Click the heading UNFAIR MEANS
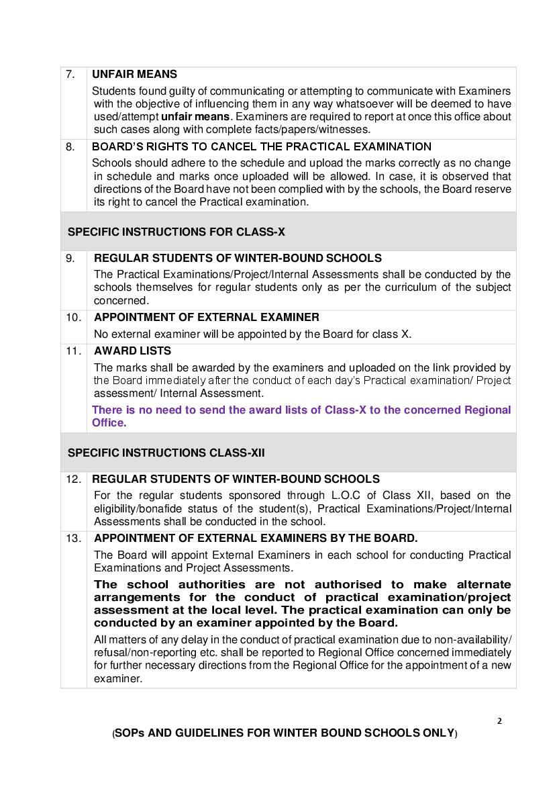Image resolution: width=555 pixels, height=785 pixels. [x=134, y=75]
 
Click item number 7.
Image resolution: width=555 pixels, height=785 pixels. [x=70, y=75]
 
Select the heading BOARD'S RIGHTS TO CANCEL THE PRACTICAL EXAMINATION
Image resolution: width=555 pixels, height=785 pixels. [x=262, y=146]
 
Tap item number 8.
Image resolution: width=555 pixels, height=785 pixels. [x=70, y=146]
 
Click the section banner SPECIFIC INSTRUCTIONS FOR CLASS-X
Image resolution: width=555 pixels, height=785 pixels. [x=176, y=232]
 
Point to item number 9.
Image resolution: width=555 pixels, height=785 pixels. [x=70, y=258]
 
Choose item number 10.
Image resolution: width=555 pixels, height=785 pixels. [x=73, y=317]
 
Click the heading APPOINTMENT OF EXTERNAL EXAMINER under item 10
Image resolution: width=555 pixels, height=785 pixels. [x=207, y=317]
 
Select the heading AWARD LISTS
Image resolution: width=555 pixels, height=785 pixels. [x=132, y=351]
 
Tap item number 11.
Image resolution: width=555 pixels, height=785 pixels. [x=73, y=351]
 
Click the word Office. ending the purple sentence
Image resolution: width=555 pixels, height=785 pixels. [x=109, y=423]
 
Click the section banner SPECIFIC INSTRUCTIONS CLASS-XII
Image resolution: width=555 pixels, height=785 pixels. [x=166, y=453]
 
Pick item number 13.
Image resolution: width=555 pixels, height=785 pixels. [x=73, y=538]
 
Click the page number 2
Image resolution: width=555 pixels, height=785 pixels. [x=499, y=721]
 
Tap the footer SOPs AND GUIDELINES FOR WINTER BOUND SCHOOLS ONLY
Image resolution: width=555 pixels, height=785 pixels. [x=285, y=733]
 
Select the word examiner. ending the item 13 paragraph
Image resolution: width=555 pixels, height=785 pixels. [x=117, y=679]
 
